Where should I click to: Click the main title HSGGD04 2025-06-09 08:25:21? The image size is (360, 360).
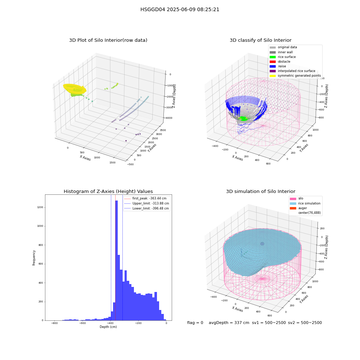coord(180,9)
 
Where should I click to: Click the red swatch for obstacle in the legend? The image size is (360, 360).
coord(273,62)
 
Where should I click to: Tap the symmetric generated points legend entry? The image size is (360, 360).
coord(295,76)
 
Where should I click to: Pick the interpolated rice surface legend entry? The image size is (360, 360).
coord(292,71)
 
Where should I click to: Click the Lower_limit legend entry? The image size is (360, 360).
coord(147,208)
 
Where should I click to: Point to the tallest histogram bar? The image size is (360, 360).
coord(116,260)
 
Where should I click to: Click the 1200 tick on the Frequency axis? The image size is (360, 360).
coord(40,207)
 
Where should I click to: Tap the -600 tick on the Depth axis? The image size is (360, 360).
coord(82,323)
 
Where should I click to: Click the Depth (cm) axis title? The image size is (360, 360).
coord(108,327)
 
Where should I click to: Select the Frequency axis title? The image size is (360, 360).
coord(34,258)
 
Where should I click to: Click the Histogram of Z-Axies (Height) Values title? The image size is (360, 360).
coord(108,192)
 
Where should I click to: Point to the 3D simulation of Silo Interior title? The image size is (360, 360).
coord(261,192)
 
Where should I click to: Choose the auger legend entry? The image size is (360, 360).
coord(298,208)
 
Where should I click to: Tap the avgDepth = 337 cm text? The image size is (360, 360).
coord(229,323)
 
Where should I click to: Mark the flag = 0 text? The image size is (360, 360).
coord(195,323)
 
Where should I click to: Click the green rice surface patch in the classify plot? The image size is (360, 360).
coord(244,119)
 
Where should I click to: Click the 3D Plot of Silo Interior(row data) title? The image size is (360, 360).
coord(108,40)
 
